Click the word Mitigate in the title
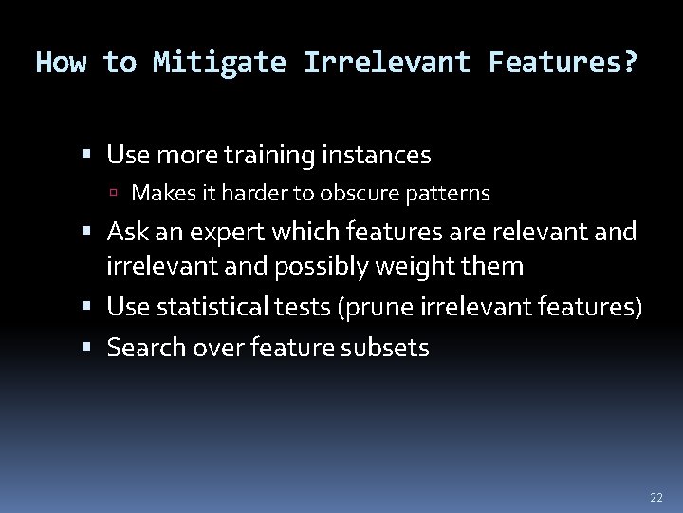click(x=219, y=64)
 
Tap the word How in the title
click(x=61, y=64)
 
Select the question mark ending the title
click(x=630, y=64)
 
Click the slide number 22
click(x=656, y=498)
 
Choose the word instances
click(x=378, y=154)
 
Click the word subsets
click(x=389, y=348)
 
